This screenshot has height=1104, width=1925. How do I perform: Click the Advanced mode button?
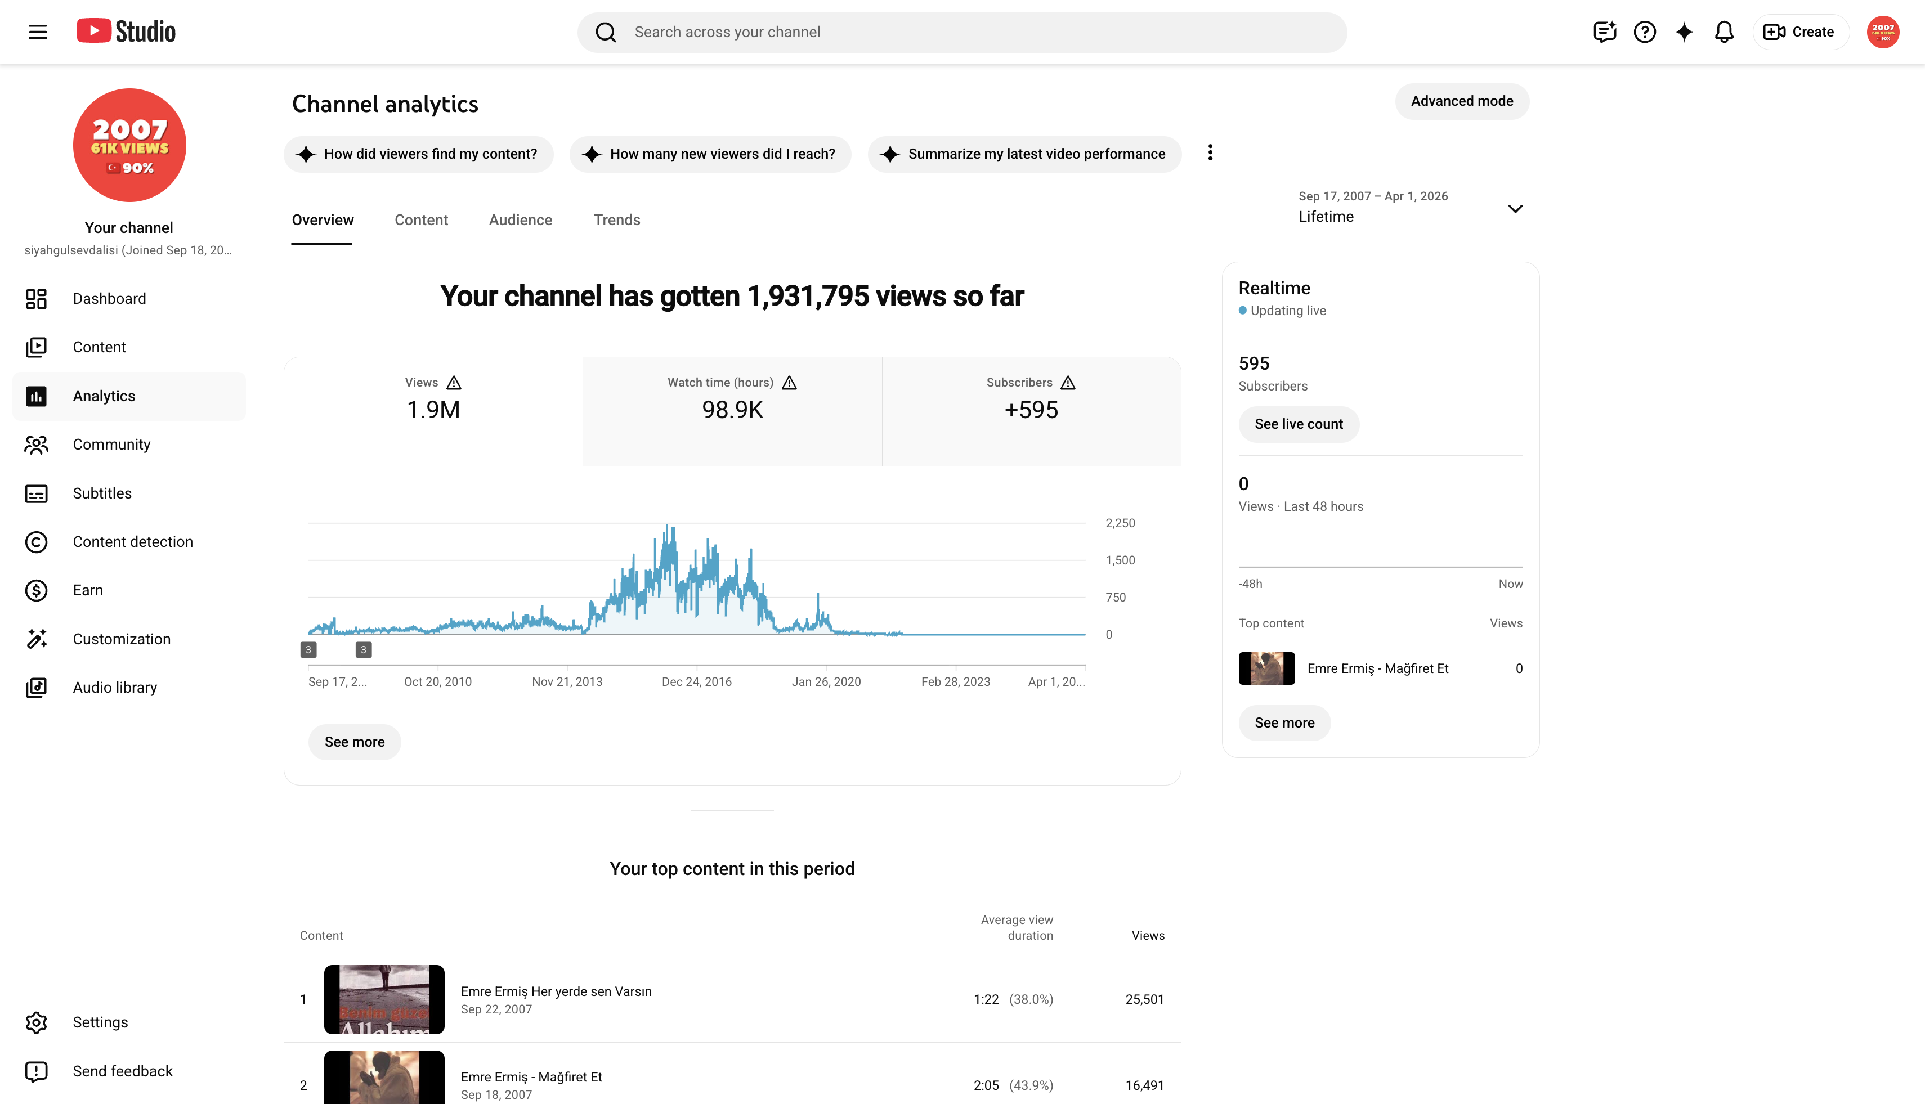pyautogui.click(x=1462, y=101)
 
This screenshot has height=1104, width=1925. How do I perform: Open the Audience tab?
pyautogui.click(x=520, y=220)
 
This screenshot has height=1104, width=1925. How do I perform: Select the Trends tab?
pyautogui.click(x=617, y=220)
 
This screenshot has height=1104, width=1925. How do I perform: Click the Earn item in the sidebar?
pyautogui.click(x=88, y=590)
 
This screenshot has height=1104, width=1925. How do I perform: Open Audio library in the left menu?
pyautogui.click(x=114, y=688)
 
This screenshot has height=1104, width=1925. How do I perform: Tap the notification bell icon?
pyautogui.click(x=1724, y=32)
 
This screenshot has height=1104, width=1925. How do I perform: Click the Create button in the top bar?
pyautogui.click(x=1800, y=32)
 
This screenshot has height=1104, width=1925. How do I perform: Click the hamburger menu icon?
pyautogui.click(x=38, y=32)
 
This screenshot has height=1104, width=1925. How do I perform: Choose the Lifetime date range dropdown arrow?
pyautogui.click(x=1515, y=209)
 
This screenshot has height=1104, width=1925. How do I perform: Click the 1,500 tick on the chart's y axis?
pyautogui.click(x=1120, y=560)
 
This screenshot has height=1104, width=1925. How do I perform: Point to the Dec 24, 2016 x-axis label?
pyautogui.click(x=696, y=681)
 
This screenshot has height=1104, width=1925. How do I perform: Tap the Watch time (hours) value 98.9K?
pyautogui.click(x=732, y=410)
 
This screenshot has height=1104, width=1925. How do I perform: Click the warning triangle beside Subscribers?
pyautogui.click(x=1068, y=383)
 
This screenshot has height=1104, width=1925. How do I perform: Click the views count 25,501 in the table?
pyautogui.click(x=1144, y=999)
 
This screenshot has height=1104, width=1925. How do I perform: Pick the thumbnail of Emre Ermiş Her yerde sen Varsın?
pyautogui.click(x=384, y=999)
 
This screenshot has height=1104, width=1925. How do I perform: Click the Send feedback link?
pyautogui.click(x=123, y=1071)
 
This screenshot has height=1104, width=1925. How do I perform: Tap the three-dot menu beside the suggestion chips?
pyautogui.click(x=1210, y=153)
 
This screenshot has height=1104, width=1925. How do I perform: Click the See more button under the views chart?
pyautogui.click(x=354, y=742)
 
